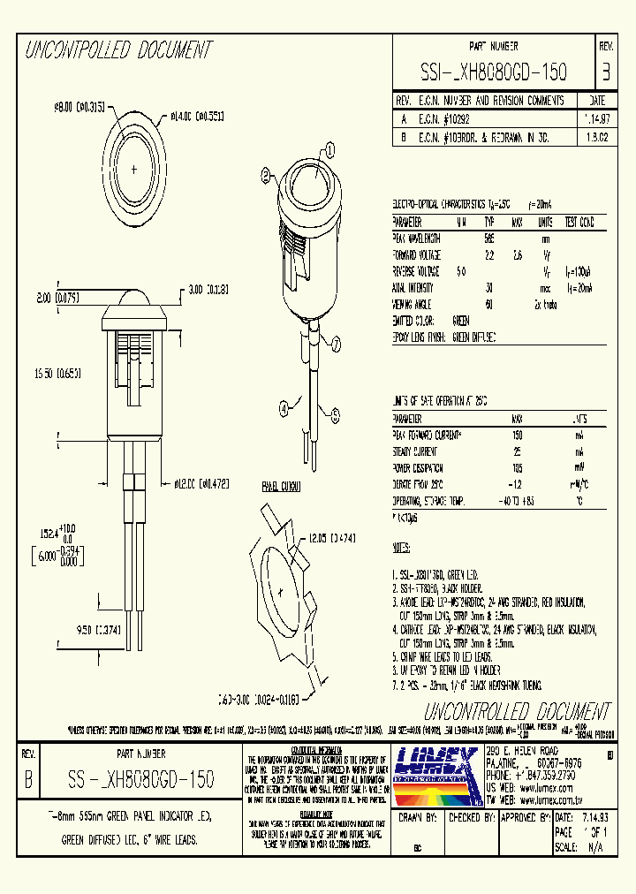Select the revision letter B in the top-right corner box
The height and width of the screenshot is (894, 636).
[x=605, y=71]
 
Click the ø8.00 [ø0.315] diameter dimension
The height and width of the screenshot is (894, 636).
[x=80, y=107]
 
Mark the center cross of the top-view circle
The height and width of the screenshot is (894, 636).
[x=134, y=168]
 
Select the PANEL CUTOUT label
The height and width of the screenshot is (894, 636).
[x=281, y=487]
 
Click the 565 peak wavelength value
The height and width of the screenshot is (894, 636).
[x=488, y=239]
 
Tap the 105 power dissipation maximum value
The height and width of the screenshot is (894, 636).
[x=517, y=467]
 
